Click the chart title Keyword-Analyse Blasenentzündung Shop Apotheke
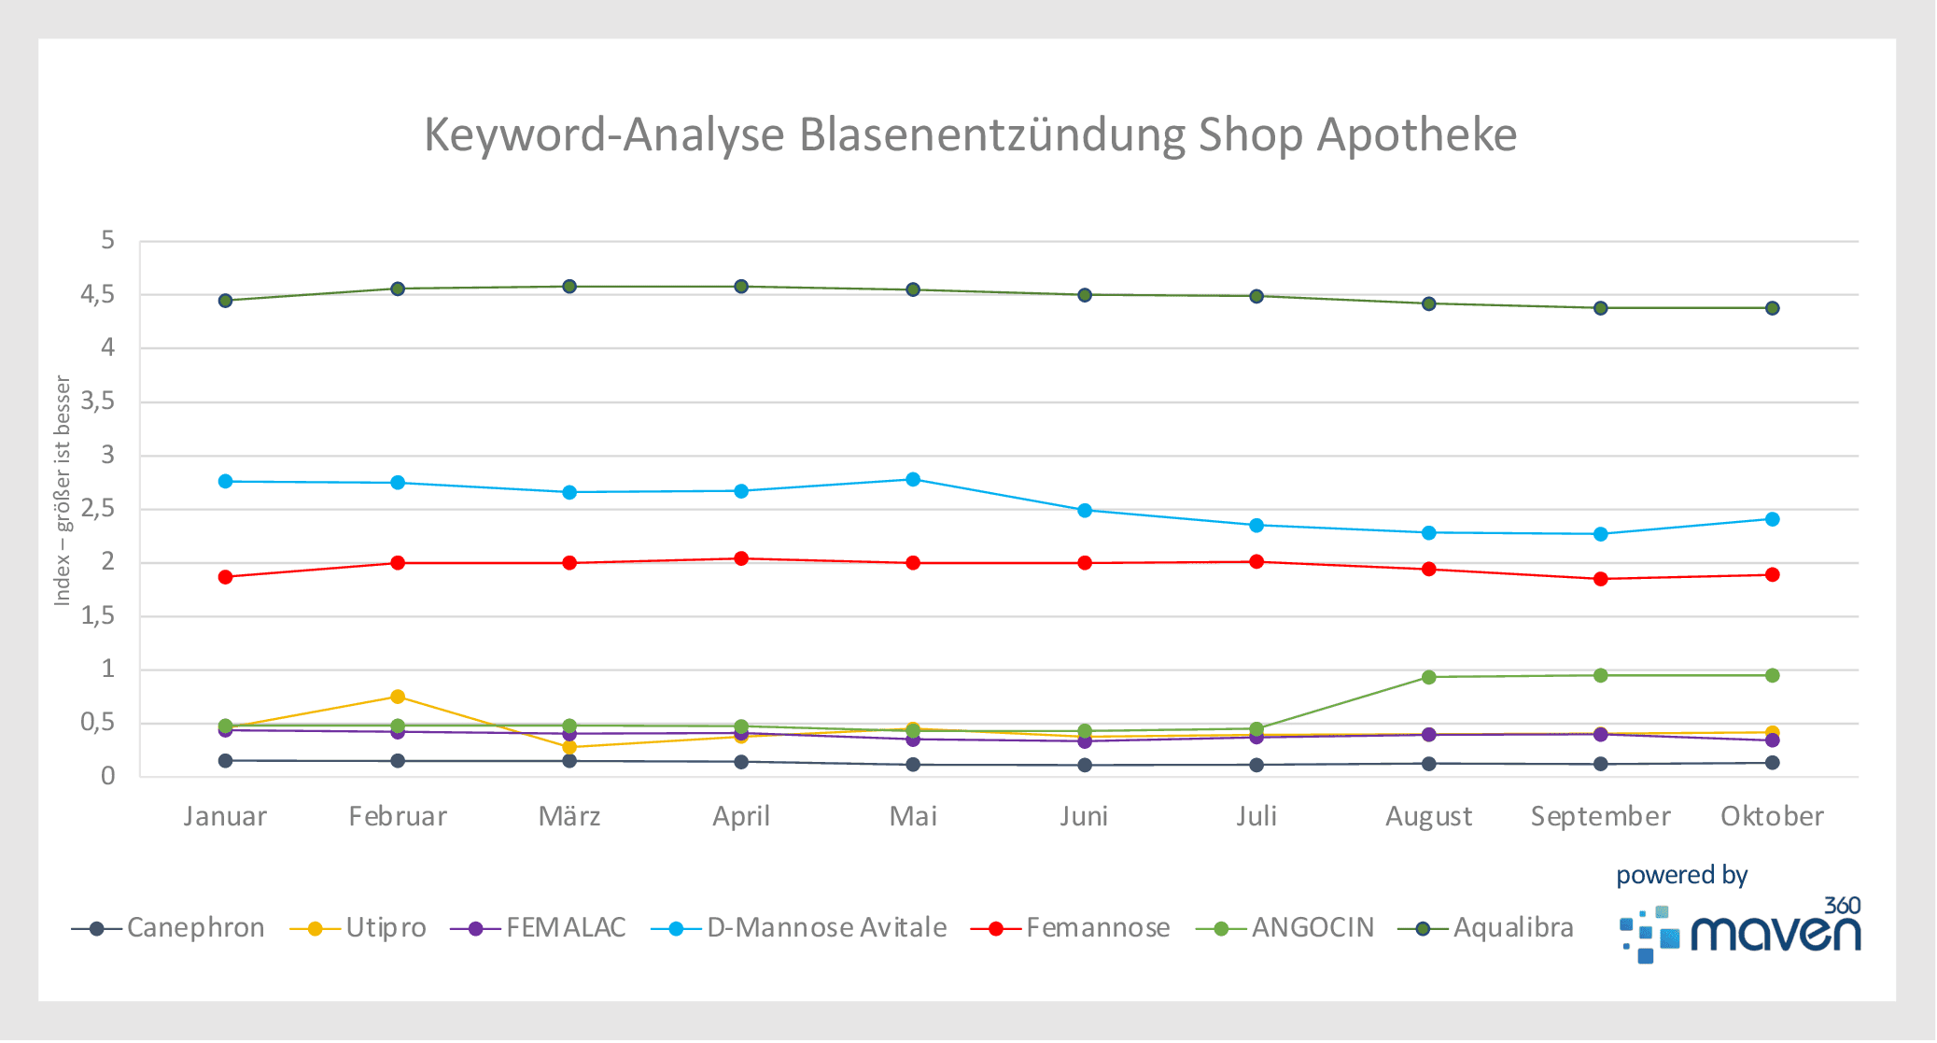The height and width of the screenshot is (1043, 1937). [x=970, y=134]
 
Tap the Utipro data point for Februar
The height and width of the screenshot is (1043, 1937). [x=398, y=697]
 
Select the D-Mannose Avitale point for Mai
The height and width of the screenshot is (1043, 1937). [x=913, y=480]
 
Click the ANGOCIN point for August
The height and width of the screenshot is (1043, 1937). [x=1428, y=677]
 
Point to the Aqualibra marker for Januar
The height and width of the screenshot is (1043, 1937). [x=226, y=301]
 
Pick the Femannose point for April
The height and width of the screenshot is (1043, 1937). [x=741, y=558]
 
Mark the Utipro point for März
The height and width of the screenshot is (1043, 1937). [x=569, y=747]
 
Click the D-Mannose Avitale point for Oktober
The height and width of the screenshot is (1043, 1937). [x=1772, y=519]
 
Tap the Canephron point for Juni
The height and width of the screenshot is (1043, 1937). [x=1085, y=765]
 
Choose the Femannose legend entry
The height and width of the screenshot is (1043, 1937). [x=1071, y=928]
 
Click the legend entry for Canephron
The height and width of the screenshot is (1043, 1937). [x=169, y=928]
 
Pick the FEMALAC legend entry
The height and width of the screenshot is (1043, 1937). [x=539, y=928]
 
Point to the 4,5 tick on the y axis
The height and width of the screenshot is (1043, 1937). [x=98, y=295]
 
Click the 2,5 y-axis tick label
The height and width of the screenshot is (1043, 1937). [x=98, y=509]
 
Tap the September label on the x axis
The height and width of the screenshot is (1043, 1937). [x=1600, y=816]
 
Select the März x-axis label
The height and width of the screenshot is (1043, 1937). [x=569, y=816]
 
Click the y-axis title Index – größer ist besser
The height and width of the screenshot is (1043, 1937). [x=63, y=490]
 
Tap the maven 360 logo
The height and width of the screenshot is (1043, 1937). [x=1740, y=932]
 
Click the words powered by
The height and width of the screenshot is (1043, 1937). [x=1681, y=875]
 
